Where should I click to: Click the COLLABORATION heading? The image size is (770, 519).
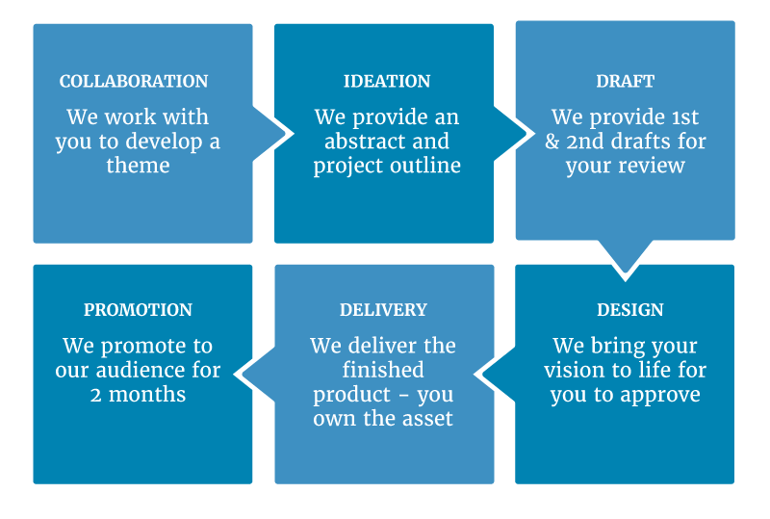coord(134,81)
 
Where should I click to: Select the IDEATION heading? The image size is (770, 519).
coord(387,81)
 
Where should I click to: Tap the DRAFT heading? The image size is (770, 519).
coord(625,81)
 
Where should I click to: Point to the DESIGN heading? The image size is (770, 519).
coord(630,310)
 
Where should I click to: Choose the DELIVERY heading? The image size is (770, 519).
coord(383,310)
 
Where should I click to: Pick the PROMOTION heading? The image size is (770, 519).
coord(138,310)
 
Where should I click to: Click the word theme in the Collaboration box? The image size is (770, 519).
coord(138,166)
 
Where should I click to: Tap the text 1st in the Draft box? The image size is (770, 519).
coord(685,117)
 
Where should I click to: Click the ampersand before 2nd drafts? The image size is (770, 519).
coord(552,142)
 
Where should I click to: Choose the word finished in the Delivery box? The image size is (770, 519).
coord(383,370)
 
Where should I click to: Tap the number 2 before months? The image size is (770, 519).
coord(95,395)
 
